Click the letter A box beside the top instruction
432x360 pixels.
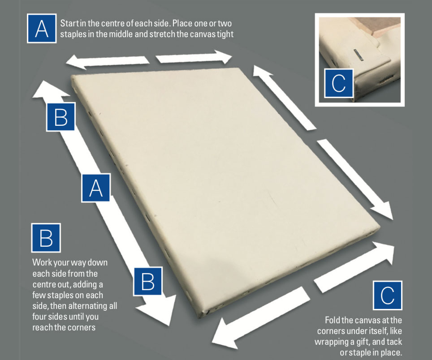[42, 28]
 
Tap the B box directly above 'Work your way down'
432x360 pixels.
[46, 238]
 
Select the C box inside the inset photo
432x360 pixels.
[339, 83]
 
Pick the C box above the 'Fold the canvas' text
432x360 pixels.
[387, 296]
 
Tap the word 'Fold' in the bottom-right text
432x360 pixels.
[332, 320]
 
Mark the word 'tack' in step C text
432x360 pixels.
[394, 342]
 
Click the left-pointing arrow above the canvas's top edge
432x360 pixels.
[108, 62]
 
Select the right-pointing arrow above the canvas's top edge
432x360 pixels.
[194, 57]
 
